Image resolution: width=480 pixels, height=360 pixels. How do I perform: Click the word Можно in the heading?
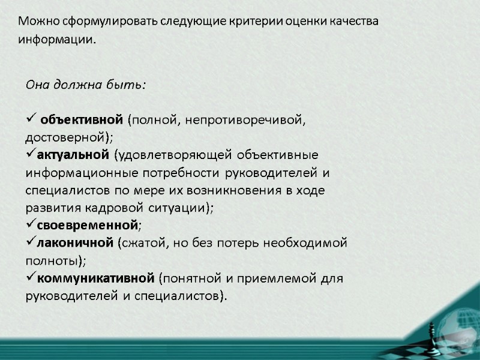[x=35, y=22]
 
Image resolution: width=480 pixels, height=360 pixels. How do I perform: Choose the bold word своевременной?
[x=88, y=226]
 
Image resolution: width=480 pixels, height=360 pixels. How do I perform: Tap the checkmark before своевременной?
[x=31, y=226]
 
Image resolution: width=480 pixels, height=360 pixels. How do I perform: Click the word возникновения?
[x=217, y=191]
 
